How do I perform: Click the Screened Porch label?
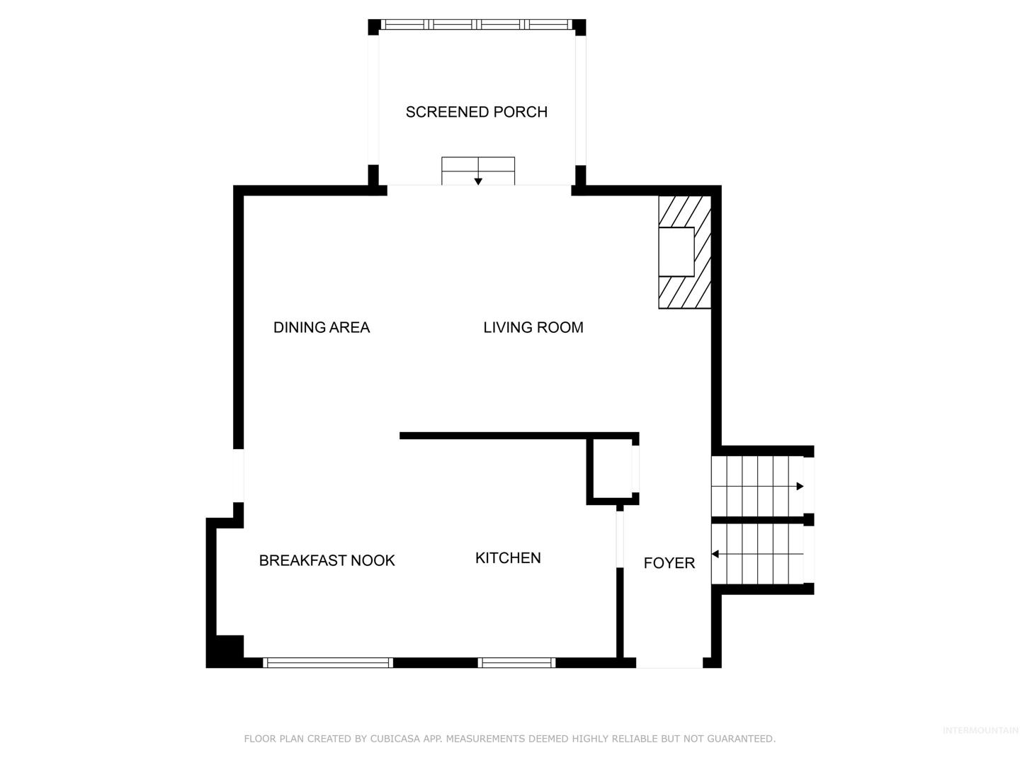tap(476, 112)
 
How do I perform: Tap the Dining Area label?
tap(322, 327)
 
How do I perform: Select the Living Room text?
tap(533, 327)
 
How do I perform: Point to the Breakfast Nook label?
tap(327, 560)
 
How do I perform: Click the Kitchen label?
tap(508, 558)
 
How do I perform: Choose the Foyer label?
tap(669, 563)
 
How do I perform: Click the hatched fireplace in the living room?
tap(684, 252)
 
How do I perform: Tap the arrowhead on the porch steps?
tap(477, 181)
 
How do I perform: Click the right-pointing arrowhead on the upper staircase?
tap(800, 487)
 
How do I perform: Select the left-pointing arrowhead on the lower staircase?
tap(715, 554)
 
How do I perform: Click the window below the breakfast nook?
tap(328, 663)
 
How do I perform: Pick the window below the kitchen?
tap(517, 663)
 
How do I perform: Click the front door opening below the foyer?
tap(669, 663)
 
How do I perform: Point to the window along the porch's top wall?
tap(476, 25)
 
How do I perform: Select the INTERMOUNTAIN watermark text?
tap(980, 730)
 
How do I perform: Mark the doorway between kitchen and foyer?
tap(619, 539)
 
